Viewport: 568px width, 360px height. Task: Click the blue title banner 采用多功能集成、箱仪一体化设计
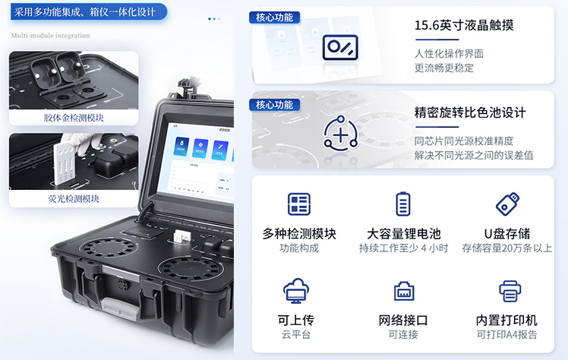coord(88,12)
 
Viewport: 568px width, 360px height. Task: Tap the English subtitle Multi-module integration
coord(50,36)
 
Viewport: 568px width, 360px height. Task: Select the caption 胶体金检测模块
coord(74,118)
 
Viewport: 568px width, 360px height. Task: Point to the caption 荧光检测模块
coord(74,198)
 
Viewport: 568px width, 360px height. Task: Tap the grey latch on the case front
coord(120,308)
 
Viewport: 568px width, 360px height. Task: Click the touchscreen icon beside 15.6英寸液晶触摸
coord(340,47)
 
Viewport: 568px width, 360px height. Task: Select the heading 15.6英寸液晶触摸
coord(464,25)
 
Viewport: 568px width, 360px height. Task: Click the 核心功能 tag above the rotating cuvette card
coord(274,105)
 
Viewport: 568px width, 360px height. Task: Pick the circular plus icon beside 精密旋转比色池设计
coord(340,134)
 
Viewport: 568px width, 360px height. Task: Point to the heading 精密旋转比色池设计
coord(470,112)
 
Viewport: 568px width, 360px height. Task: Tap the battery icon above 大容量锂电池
coord(402,204)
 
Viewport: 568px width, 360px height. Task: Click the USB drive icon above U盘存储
coord(507,204)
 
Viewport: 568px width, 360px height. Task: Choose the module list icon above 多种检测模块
coord(299,204)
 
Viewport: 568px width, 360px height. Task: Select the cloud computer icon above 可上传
coord(296,290)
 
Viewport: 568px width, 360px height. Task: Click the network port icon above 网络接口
coord(404,291)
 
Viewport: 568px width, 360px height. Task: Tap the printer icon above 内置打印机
coord(510,291)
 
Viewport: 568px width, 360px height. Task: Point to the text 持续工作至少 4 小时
coord(403,248)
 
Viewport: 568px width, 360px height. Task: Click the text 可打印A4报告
coord(506,334)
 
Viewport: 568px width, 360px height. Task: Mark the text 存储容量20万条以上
coord(506,248)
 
